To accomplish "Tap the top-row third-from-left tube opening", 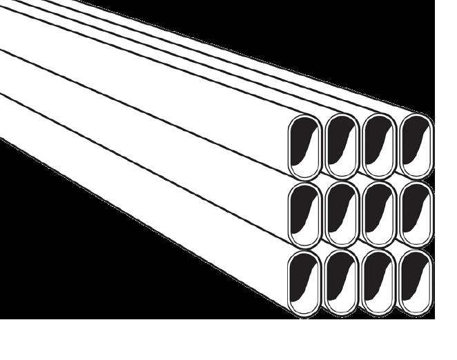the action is (378, 146).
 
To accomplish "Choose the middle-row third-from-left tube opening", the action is (378, 214).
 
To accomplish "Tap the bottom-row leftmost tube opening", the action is (304, 283).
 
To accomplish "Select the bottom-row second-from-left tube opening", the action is (341, 283).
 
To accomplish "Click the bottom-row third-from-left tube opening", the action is (378, 283).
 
